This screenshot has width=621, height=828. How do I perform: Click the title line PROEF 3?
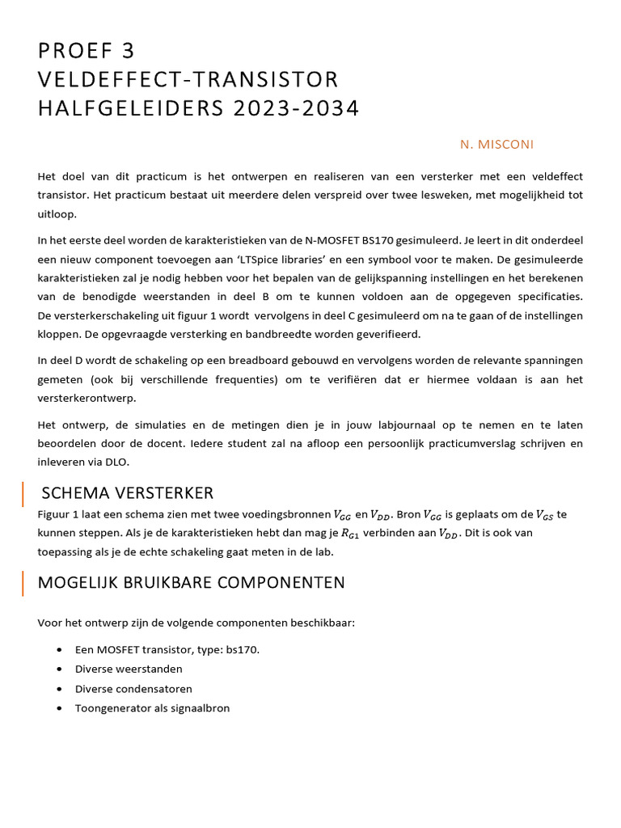point(87,51)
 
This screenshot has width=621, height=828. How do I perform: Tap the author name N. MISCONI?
point(496,144)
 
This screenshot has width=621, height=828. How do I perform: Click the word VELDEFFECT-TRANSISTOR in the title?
point(188,79)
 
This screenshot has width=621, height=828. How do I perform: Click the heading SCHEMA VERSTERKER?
point(127,493)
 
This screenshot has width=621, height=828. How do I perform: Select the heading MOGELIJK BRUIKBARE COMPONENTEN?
point(192,582)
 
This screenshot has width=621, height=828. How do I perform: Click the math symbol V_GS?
point(546,514)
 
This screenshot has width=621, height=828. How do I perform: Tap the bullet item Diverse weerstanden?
point(129,669)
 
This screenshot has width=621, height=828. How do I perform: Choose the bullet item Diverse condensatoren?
point(133,688)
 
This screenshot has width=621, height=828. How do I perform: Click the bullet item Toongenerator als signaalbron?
point(152,708)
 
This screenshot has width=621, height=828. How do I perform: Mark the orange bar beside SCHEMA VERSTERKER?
point(23,493)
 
